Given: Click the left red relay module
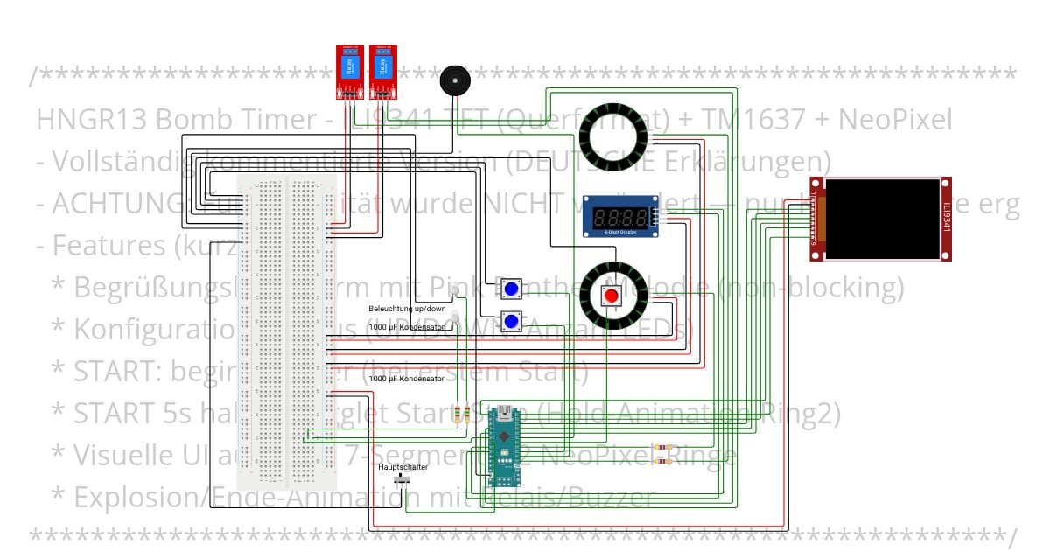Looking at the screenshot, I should pyautogui.click(x=350, y=69).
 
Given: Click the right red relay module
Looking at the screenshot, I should pyautogui.click(x=382, y=69).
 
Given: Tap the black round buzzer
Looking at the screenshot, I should pyautogui.click(x=453, y=80).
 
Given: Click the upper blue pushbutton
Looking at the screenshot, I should pyautogui.click(x=512, y=289).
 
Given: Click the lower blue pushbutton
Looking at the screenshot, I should pyautogui.click(x=512, y=321).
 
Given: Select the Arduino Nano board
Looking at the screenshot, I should pyautogui.click(x=504, y=446).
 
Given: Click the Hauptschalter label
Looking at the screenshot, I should pyautogui.click(x=402, y=467).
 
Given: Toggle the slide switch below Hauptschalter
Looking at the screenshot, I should pyautogui.click(x=404, y=480).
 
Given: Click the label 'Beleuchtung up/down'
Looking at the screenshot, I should pyautogui.click(x=407, y=309).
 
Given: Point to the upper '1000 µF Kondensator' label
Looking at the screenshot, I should pyautogui.click(x=407, y=326).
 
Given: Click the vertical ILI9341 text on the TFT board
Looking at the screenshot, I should pyautogui.click(x=947, y=219).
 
